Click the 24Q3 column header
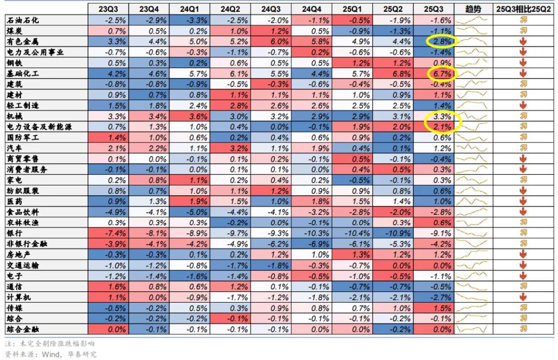pos(271,9)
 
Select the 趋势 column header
pos(472,9)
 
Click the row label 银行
pos(15,233)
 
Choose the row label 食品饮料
pos(23,212)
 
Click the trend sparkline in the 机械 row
pos(472,116)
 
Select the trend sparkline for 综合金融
pos(472,329)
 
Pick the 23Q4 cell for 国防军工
pos(151,137)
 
